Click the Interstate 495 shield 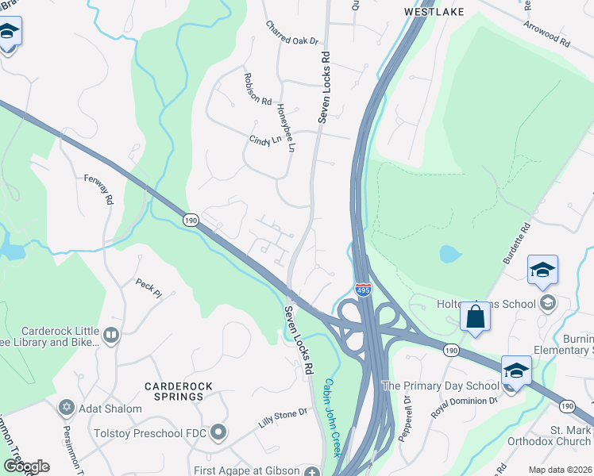point(363,291)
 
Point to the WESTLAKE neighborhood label point(433,12)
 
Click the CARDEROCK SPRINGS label point(173,390)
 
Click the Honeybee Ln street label point(286,129)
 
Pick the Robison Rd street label point(258,90)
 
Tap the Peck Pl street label point(148,287)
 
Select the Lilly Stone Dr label point(282,419)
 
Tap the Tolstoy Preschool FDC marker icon point(218,432)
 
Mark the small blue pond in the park point(449,254)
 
